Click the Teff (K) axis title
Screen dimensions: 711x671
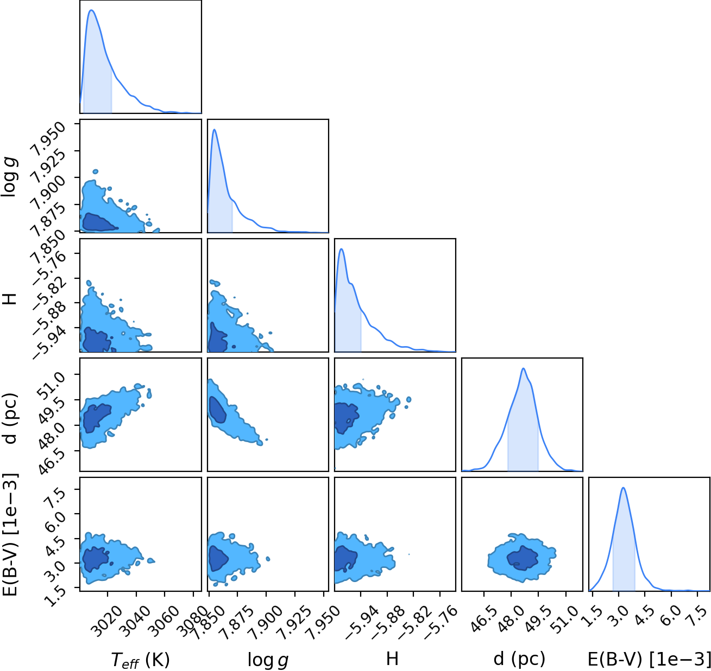140,659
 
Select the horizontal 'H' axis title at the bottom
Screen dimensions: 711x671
392,657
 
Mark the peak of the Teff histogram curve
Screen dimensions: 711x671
92,10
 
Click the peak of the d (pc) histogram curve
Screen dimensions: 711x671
524,368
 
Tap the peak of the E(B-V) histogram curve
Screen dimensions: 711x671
624,488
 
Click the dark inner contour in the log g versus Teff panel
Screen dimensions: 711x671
96,222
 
